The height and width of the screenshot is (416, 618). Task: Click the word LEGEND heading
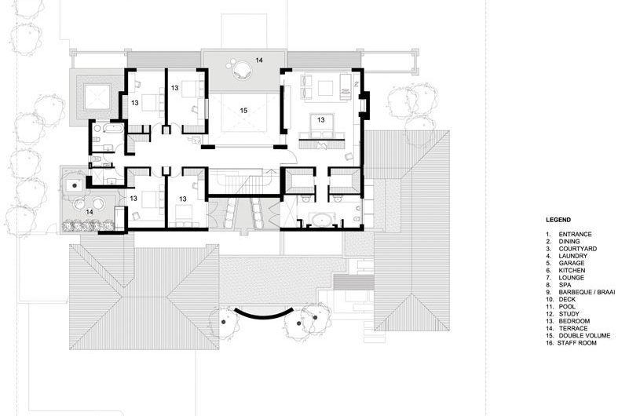[558, 221]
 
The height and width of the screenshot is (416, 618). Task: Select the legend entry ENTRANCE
[575, 234]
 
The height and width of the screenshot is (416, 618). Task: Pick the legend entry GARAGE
[572, 263]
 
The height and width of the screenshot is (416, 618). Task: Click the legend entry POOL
[567, 305]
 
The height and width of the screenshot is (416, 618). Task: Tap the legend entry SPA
[565, 284]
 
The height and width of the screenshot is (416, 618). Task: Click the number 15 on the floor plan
[243, 111]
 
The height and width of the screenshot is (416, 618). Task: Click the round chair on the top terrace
[238, 69]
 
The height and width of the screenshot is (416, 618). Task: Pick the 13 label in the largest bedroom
[321, 120]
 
